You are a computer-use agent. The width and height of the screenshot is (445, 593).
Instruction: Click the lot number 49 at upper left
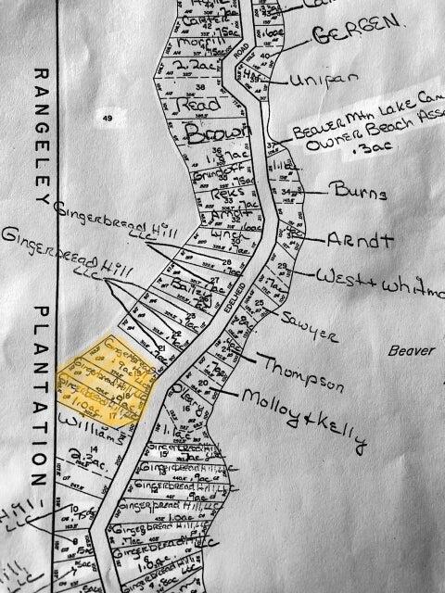pyautogui.click(x=108, y=119)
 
